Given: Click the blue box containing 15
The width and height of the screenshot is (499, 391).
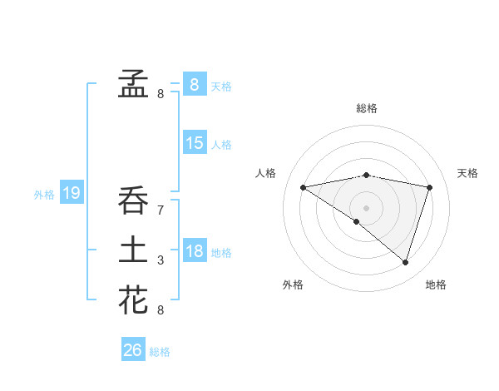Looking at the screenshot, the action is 195,143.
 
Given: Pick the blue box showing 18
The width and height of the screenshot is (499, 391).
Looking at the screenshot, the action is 195,251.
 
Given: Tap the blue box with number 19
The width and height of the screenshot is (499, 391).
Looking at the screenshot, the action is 72,194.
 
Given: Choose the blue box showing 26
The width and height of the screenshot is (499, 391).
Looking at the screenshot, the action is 133,350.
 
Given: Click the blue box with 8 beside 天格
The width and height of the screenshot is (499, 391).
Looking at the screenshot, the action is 195,84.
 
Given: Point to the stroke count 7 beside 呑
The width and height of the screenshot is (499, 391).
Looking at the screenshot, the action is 161,211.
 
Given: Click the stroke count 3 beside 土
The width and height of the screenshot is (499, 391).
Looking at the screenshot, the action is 161,261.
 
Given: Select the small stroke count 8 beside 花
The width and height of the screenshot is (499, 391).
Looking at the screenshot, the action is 161,310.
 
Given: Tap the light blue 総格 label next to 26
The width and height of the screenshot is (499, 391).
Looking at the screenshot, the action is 160,352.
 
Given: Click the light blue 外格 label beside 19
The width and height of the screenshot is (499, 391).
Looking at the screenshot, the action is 44,195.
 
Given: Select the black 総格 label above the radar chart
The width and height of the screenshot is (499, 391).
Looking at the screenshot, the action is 367,108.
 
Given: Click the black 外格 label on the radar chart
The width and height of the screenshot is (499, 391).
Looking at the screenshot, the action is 293,285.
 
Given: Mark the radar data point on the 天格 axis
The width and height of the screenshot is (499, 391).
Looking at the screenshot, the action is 430,187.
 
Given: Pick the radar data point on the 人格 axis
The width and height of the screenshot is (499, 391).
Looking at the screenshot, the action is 304,187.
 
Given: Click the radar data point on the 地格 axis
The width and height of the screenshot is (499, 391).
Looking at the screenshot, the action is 405,262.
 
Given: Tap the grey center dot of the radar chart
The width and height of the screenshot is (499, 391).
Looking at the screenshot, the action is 366,207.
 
